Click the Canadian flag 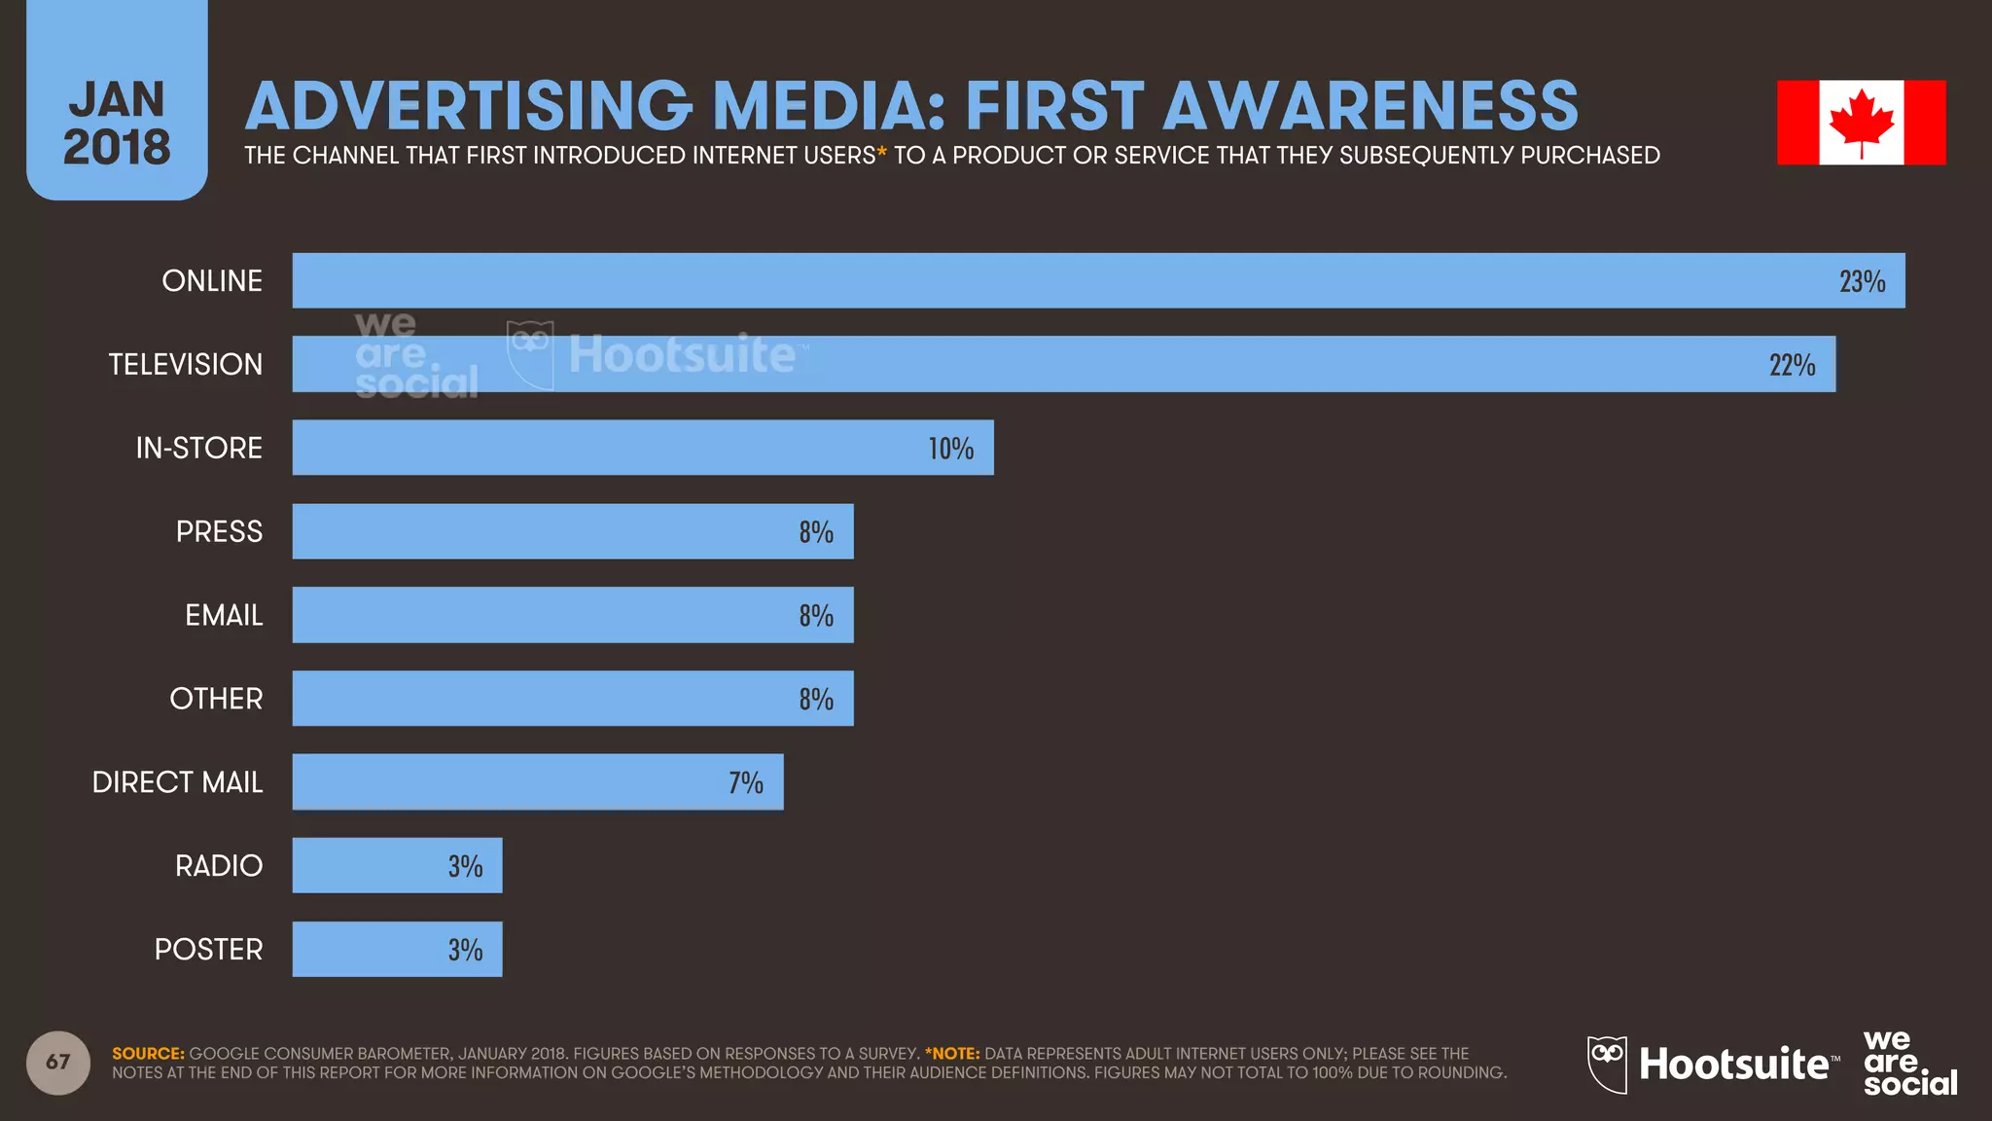point(1861,123)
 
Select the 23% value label point(1862,282)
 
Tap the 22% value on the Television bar point(1792,366)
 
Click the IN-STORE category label point(198,448)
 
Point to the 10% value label point(950,449)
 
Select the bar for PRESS point(572,531)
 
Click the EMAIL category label point(224,615)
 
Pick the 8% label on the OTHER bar point(816,700)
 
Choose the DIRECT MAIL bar point(537,781)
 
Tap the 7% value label point(746,783)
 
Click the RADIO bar point(397,865)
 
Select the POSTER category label point(208,949)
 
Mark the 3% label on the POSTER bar point(465,951)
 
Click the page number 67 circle point(58,1062)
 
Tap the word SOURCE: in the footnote point(148,1054)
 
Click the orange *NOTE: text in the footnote point(952,1054)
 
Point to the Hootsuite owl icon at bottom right point(1607,1064)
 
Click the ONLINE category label point(212,281)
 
